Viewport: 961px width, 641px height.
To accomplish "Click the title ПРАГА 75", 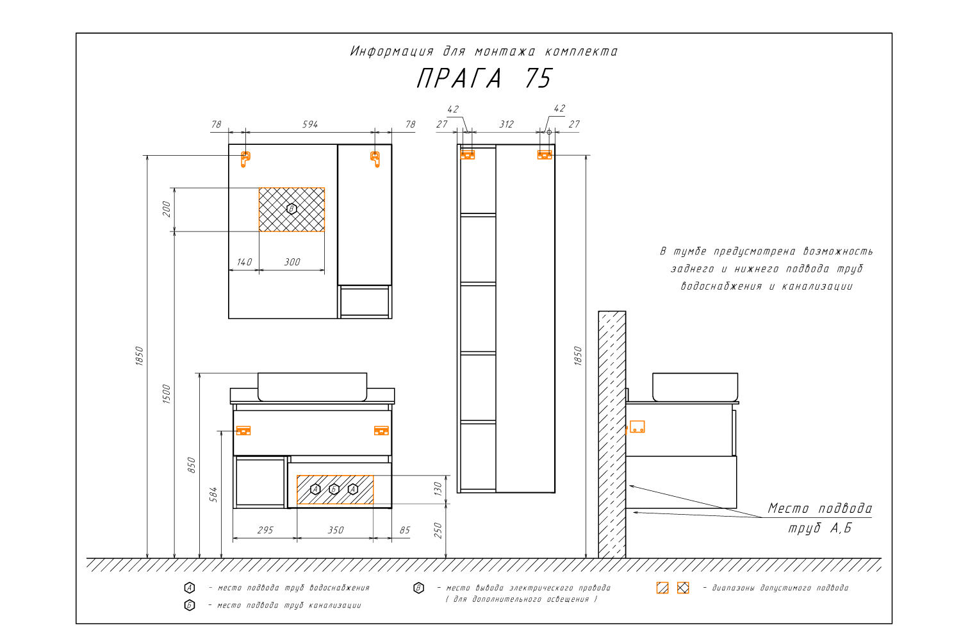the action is click(484, 78).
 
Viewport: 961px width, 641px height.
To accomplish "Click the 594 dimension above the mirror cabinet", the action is click(310, 124).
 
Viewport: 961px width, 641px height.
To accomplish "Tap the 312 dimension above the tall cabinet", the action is click(506, 124).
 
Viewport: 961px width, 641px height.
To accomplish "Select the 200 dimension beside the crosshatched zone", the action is click(167, 209).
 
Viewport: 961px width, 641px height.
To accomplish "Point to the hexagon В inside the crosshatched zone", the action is click(292, 209).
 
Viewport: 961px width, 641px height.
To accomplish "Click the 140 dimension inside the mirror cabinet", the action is click(244, 262).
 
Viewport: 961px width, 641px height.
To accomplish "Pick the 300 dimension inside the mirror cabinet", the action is click(292, 262).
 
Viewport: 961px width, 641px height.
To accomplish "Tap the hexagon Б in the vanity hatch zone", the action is click(334, 489).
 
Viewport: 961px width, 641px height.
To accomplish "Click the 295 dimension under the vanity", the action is click(265, 530).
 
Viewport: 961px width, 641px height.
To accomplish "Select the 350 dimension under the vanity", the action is click(336, 530).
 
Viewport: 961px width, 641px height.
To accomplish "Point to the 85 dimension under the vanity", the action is click(404, 530).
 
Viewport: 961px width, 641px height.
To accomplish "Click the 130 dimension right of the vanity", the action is click(438, 489).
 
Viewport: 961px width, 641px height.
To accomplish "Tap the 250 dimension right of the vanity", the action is click(438, 530).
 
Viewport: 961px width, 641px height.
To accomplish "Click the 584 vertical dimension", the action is click(213, 495).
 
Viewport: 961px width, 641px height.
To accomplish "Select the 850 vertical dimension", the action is click(192, 465).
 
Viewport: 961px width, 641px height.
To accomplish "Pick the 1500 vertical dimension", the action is click(167, 394).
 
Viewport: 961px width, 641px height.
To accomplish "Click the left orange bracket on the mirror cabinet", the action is click(245, 159).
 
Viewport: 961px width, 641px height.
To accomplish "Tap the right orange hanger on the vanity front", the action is click(381, 431).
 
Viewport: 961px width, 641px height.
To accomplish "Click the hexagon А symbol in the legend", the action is click(189, 588).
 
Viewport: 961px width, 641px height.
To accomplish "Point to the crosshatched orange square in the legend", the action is click(683, 588).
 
